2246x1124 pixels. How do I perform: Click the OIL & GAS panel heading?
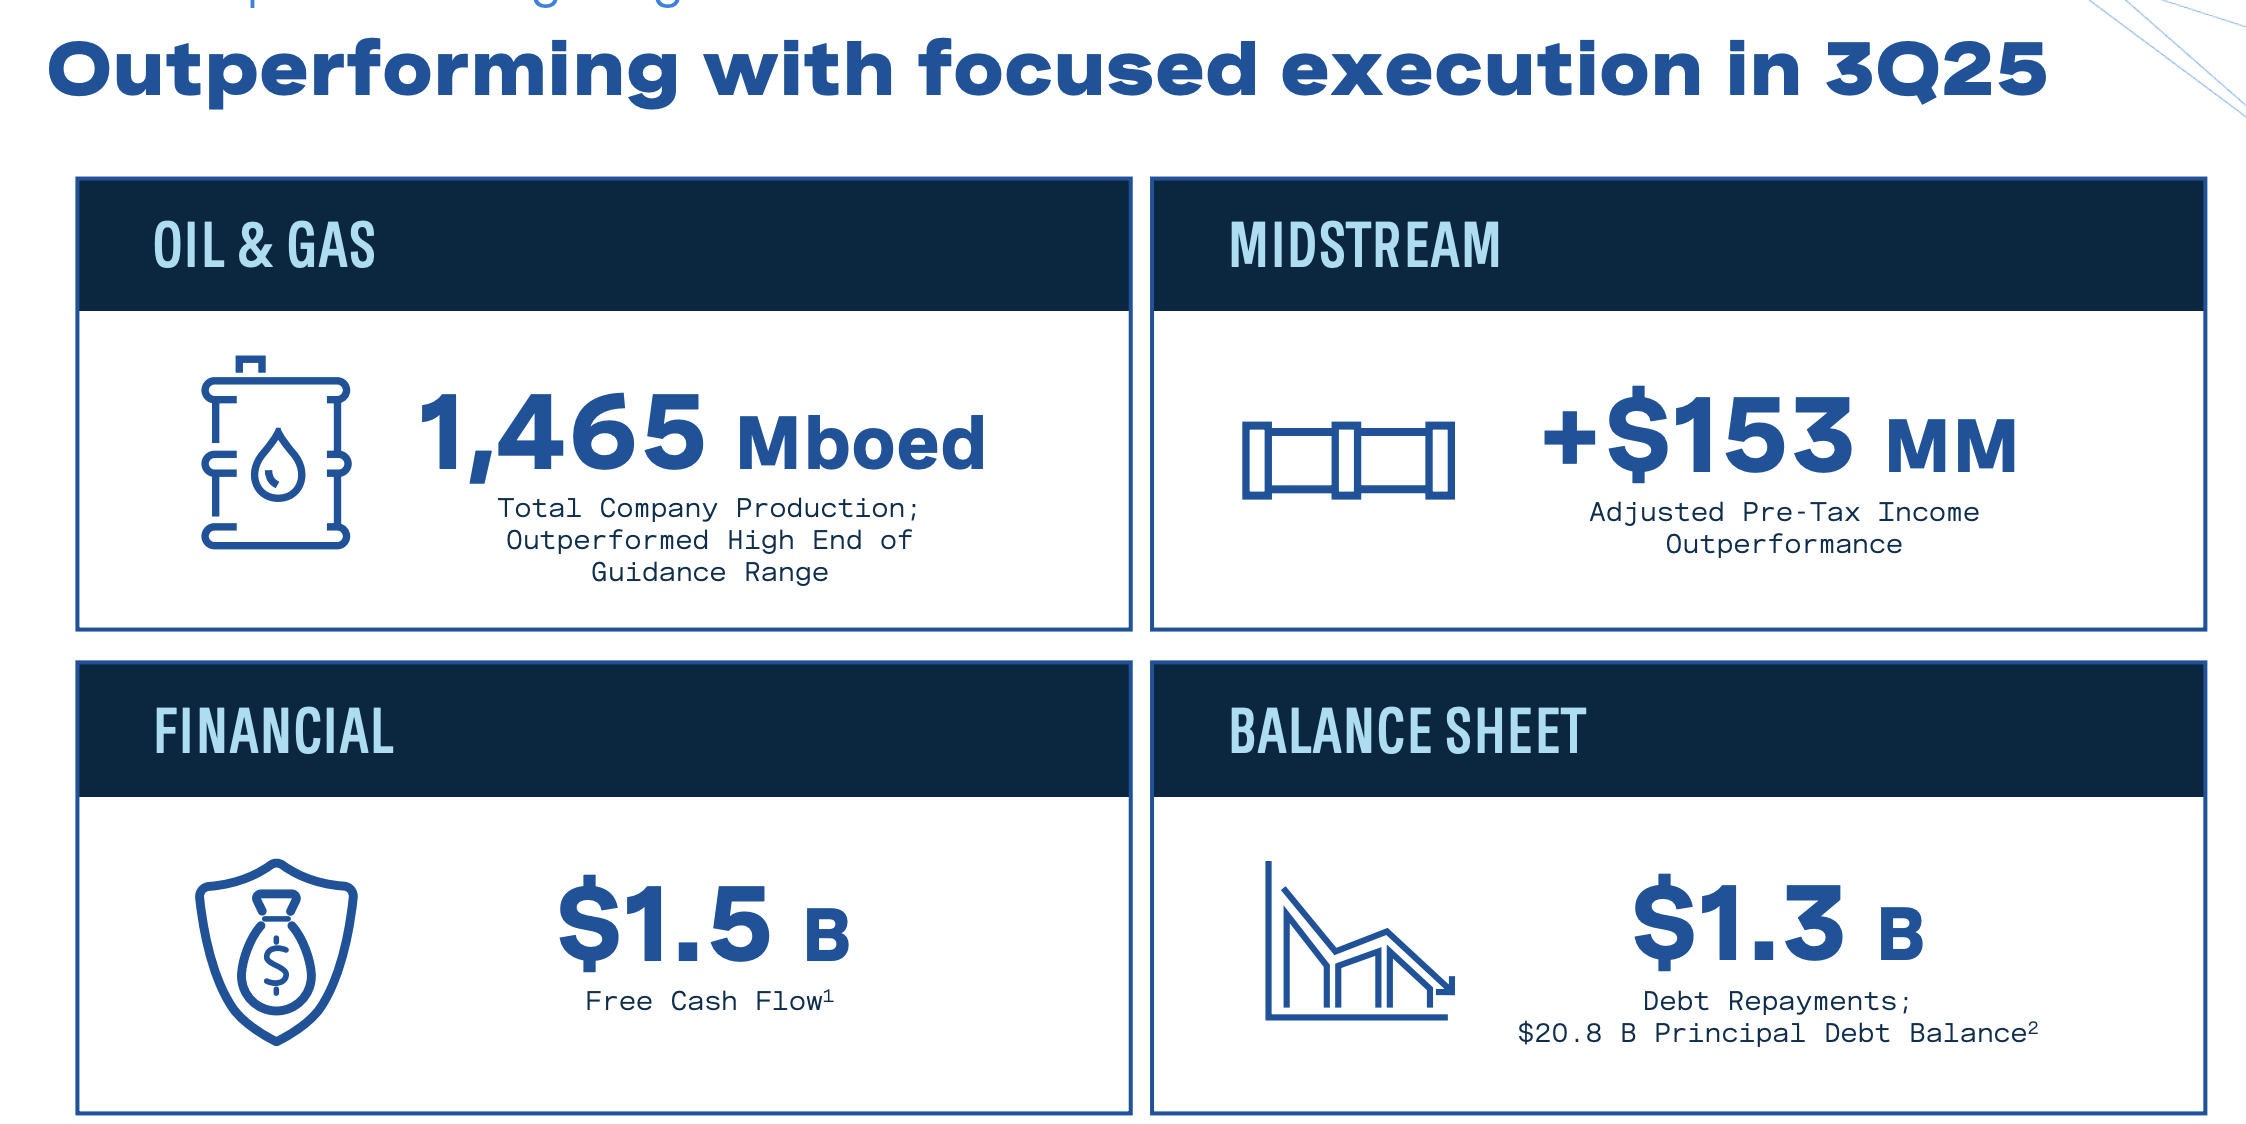pos(264,246)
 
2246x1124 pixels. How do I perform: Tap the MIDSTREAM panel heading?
pos(1364,246)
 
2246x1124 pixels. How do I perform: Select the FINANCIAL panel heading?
pos(274,731)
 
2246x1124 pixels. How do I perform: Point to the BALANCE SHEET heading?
pos(1407,731)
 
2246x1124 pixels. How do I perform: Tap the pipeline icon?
pos(1347,460)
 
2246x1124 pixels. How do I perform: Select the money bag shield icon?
pos(276,951)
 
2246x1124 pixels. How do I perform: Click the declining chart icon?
pos(1358,943)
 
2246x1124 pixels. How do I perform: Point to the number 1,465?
pos(563,435)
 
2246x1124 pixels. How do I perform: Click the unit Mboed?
pos(861,443)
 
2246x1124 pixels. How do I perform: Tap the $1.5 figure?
pos(665,924)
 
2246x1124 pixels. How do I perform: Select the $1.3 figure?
pos(1739,924)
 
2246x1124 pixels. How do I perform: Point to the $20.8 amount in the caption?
pos(1559,1033)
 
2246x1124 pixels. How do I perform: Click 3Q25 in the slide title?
pos(1935,70)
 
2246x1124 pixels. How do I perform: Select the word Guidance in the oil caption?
pos(658,572)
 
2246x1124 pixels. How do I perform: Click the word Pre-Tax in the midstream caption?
pos(1800,512)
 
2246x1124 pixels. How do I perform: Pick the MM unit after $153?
pos(1951,446)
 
